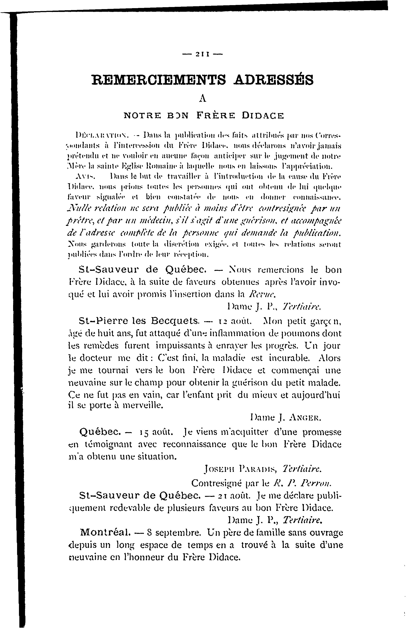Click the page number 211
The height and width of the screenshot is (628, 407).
click(x=203, y=55)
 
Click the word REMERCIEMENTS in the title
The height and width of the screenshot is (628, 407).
click(x=159, y=80)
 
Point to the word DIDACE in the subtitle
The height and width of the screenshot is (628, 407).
click(x=263, y=116)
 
